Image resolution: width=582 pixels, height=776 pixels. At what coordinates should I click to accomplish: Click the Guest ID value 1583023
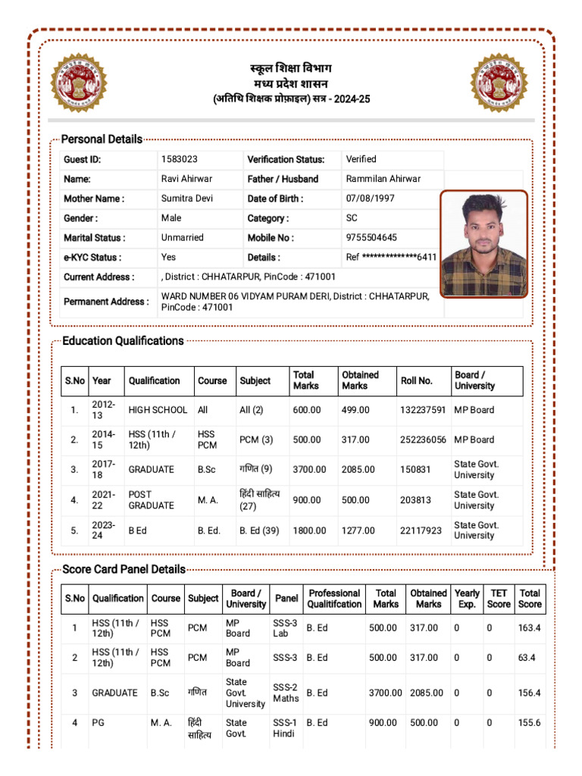(180, 159)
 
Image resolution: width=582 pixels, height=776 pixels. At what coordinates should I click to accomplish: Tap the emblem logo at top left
(79, 83)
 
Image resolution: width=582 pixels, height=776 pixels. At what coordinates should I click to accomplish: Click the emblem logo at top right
(498, 83)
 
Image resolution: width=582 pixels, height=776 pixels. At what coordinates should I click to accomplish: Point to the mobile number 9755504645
(371, 238)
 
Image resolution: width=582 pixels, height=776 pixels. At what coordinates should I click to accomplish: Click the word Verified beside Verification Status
(361, 159)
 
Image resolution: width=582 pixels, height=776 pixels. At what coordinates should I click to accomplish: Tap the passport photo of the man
(483, 243)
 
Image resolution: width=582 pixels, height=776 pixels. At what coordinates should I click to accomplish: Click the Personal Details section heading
(102, 139)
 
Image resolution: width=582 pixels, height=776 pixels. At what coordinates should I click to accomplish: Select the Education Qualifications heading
(123, 341)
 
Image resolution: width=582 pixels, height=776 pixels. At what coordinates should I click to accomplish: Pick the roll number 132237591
(423, 410)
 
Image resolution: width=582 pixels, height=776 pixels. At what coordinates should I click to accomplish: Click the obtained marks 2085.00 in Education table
(358, 470)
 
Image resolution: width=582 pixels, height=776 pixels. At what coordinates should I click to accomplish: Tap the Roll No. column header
(416, 380)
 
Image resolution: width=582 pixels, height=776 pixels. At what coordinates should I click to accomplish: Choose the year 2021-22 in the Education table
(103, 499)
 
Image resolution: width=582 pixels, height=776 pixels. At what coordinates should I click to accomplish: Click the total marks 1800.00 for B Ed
(308, 530)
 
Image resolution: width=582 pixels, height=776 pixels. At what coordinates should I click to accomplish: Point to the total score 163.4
(529, 628)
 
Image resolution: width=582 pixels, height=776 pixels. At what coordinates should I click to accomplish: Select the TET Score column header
(499, 599)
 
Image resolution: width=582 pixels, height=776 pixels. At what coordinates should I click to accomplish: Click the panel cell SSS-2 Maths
(286, 693)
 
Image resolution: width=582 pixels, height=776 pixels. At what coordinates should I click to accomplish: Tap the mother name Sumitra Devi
(187, 199)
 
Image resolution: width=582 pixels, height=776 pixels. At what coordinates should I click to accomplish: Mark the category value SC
(352, 218)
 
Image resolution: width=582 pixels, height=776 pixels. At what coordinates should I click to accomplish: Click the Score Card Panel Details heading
(124, 569)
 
